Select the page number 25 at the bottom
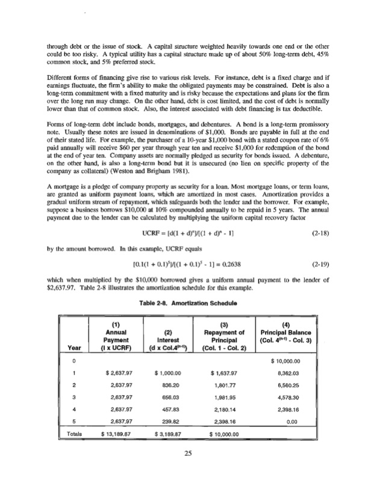[x=185, y=455]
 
